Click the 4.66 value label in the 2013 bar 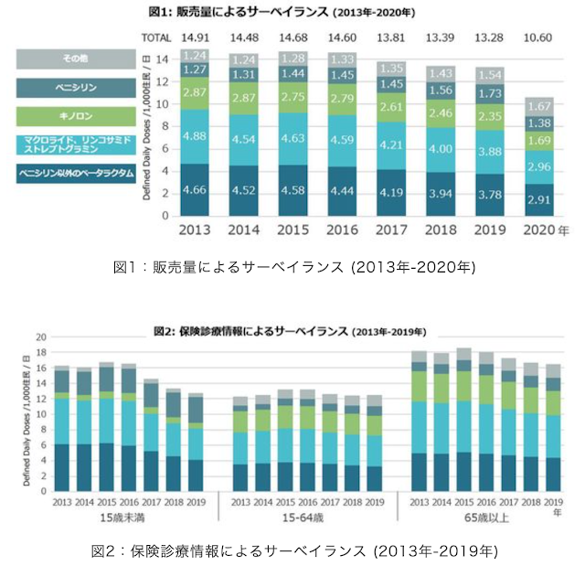[196, 191]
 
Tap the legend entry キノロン [59, 116]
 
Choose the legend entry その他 [59, 59]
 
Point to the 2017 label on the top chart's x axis [391, 230]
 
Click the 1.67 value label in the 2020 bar [539, 106]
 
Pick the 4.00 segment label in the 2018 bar [441, 149]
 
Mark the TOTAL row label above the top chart [156, 37]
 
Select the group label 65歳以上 [488, 518]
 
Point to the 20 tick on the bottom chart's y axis [39, 337]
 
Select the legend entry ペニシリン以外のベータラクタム [59, 172]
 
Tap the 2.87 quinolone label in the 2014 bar [244, 97]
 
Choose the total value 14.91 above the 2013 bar [196, 37]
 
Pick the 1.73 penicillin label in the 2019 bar [490, 94]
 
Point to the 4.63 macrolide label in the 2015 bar [293, 138]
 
